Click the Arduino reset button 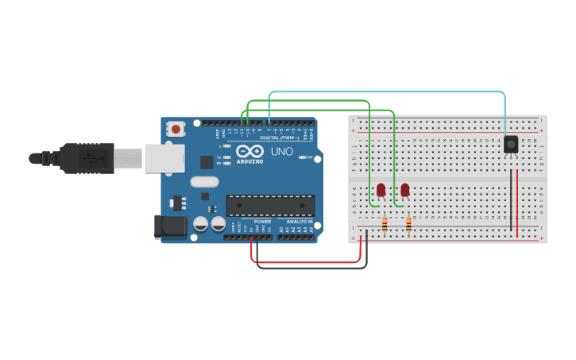point(176,127)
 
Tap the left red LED point(381,189)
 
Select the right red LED point(405,189)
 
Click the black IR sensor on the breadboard point(511,144)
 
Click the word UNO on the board point(282,151)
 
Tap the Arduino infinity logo point(249,151)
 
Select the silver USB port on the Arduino point(164,158)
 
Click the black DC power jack point(170,226)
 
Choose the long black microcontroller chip point(270,206)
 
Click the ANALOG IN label point(299,222)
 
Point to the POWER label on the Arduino point(262,222)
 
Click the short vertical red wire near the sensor point(517,202)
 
